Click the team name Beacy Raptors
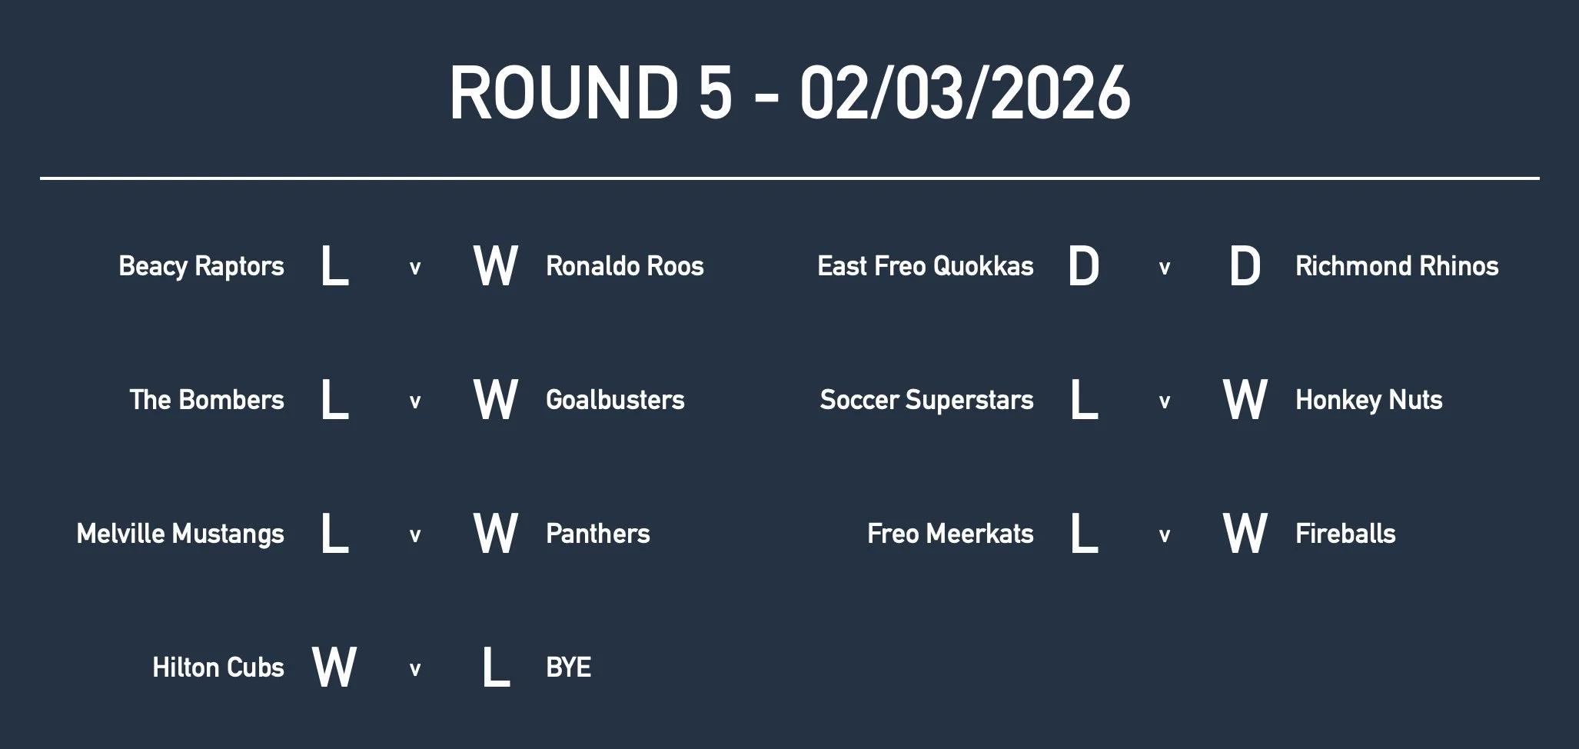click(201, 266)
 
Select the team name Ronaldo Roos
click(624, 266)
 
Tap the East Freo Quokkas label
click(926, 266)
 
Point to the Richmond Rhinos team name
click(1397, 266)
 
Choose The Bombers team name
click(207, 400)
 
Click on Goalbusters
click(615, 400)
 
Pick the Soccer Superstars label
click(926, 400)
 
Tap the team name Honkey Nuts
click(1368, 400)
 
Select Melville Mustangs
click(181, 534)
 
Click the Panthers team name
click(597, 534)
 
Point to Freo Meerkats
click(950, 534)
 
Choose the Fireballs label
click(1345, 534)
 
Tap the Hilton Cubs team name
click(218, 667)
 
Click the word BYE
click(568, 667)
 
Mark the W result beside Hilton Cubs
click(334, 667)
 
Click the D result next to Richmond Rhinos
click(1245, 266)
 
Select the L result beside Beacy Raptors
click(334, 266)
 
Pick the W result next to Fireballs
click(1245, 533)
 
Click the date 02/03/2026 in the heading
click(965, 93)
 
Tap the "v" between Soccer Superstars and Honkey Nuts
click(1165, 401)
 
